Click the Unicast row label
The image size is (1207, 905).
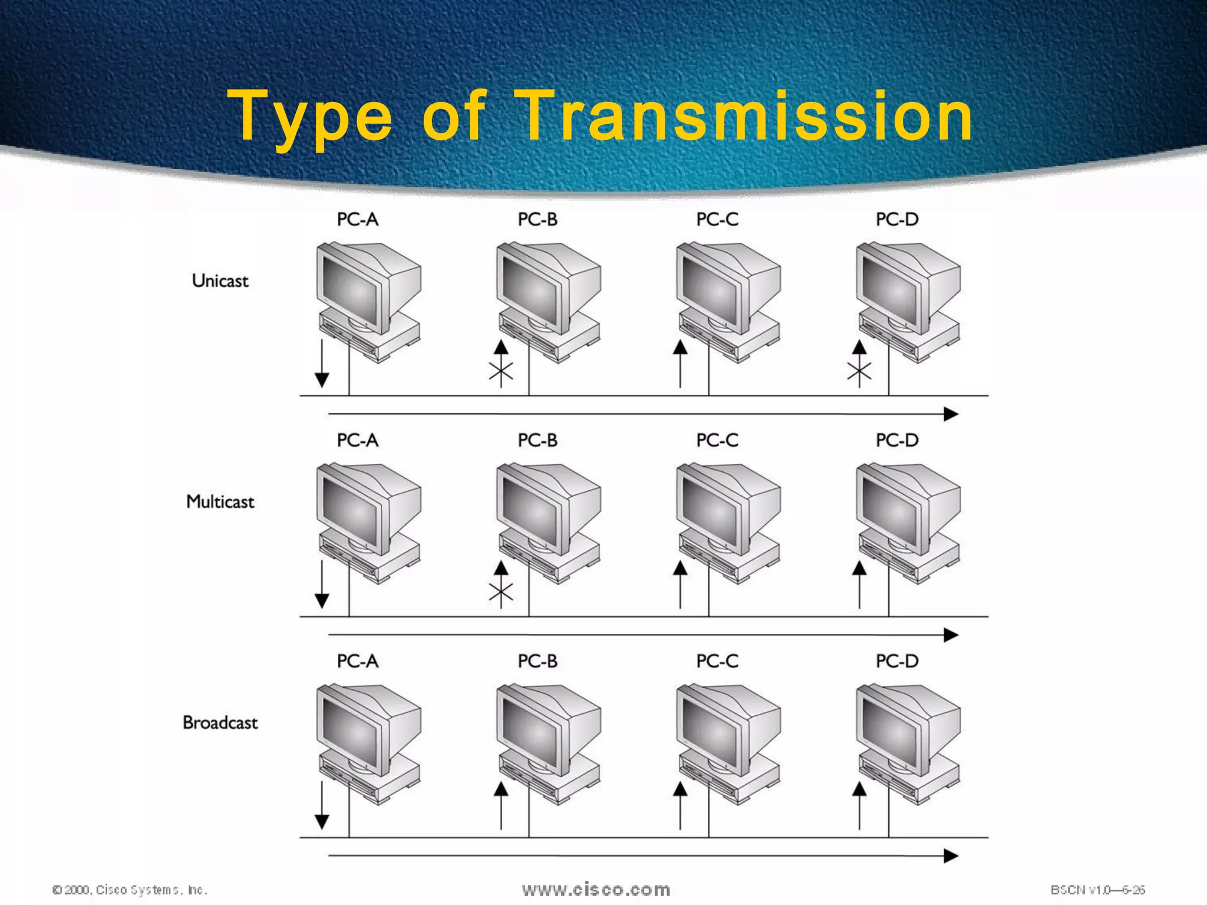coord(220,280)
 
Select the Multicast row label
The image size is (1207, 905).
coord(220,501)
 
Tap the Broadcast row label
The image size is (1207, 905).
coord(220,722)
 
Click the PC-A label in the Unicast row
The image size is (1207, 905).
coord(357,220)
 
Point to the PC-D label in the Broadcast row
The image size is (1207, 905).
coord(896,661)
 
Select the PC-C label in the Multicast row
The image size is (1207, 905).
coord(717,440)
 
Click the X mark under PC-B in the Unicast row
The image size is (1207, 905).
coord(501,371)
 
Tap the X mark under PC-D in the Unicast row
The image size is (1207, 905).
coord(859,371)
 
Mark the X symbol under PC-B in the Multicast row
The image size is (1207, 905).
coord(501,592)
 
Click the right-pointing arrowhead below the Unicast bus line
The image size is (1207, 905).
coord(950,414)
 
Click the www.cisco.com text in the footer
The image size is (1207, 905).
coord(596,889)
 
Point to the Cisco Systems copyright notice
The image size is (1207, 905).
coord(130,890)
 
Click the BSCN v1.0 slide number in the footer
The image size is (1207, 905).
coord(1097,890)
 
